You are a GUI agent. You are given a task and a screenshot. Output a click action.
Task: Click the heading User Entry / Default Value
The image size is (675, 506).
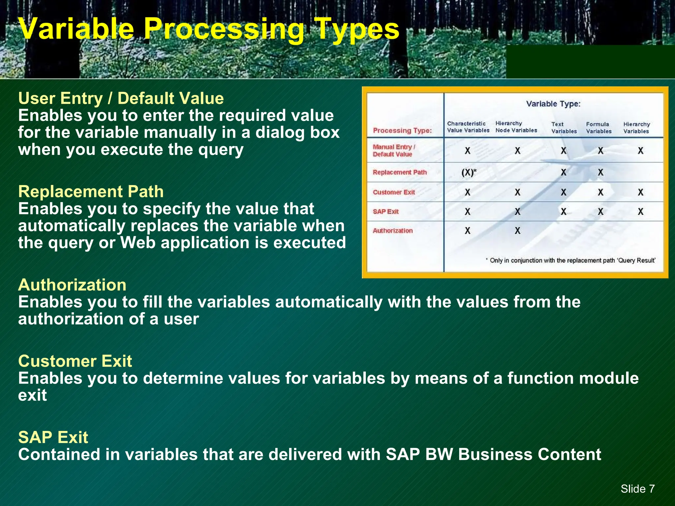pyautogui.click(x=121, y=98)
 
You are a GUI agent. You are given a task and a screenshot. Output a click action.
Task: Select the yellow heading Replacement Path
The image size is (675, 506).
pyautogui.click(x=91, y=192)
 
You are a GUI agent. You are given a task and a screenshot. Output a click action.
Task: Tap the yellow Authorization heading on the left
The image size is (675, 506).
pyautogui.click(x=72, y=285)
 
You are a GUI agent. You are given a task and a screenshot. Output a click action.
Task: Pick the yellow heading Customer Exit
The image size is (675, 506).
pyautogui.click(x=75, y=361)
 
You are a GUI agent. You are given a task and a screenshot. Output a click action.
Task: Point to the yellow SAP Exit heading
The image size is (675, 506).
pyautogui.click(x=53, y=437)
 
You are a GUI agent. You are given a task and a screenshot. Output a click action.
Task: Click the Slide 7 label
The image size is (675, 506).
pyautogui.click(x=637, y=489)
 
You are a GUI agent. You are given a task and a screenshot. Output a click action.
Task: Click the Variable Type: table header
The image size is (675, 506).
pyautogui.click(x=553, y=104)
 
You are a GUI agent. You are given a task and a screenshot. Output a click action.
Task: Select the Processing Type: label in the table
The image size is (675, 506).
pyautogui.click(x=402, y=131)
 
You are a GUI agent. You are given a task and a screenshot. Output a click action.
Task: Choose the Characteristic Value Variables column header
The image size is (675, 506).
pyautogui.click(x=468, y=127)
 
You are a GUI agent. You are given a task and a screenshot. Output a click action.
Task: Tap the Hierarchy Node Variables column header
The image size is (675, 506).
pyautogui.click(x=516, y=127)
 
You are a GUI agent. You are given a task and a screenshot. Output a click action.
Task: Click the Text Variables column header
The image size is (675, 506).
pyautogui.click(x=564, y=128)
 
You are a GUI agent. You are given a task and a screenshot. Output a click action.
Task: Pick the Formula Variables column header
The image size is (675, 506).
pyautogui.click(x=599, y=128)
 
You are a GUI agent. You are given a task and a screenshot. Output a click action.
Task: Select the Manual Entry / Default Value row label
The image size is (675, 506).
pyautogui.click(x=394, y=151)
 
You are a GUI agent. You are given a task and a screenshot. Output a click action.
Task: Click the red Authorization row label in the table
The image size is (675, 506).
pyautogui.click(x=393, y=231)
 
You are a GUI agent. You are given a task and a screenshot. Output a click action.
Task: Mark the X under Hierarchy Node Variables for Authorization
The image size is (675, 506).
pyautogui.click(x=517, y=231)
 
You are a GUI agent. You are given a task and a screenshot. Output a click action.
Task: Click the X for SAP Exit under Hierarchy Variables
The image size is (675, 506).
pyautogui.click(x=640, y=211)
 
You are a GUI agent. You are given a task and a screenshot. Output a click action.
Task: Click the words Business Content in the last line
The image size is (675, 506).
pyautogui.click(x=529, y=455)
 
